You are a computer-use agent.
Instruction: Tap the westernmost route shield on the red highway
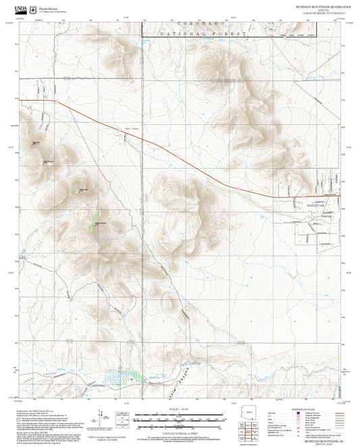57,102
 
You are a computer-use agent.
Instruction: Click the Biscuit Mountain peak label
100,223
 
